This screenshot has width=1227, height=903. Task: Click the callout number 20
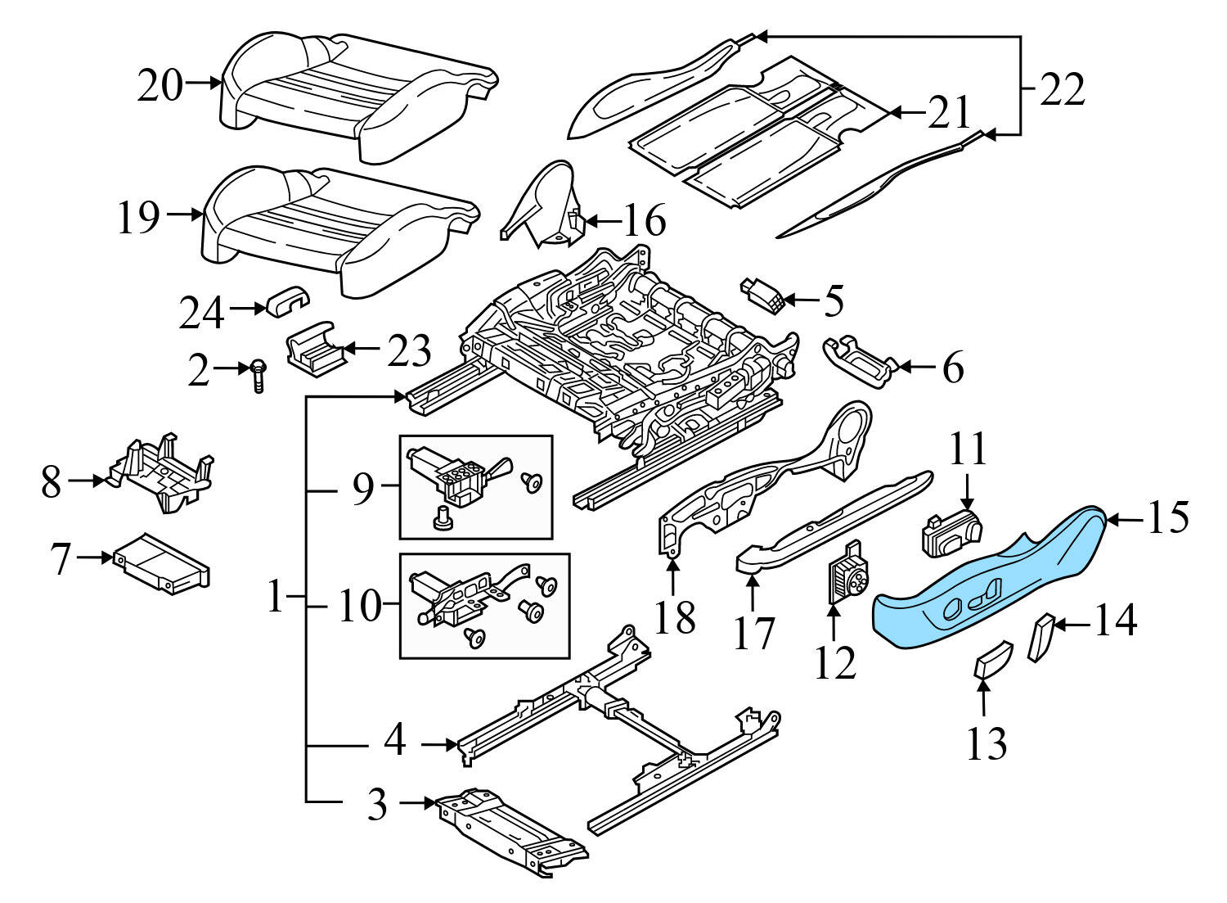tap(160, 84)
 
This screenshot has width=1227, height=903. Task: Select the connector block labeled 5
tap(763, 295)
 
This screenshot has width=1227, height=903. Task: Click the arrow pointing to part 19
tap(185, 214)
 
